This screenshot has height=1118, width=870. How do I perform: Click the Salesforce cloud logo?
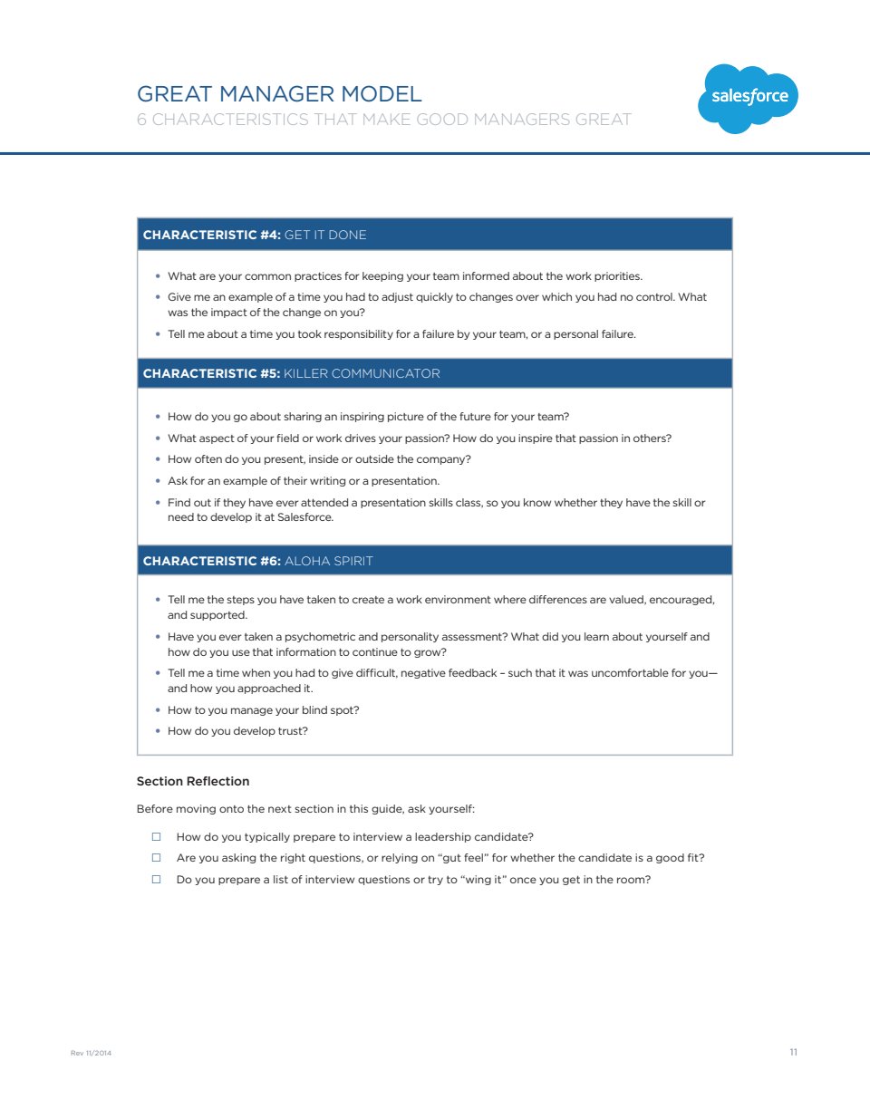[x=748, y=98]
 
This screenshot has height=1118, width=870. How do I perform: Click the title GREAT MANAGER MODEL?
[x=279, y=94]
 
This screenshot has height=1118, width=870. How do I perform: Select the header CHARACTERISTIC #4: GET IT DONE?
[x=255, y=235]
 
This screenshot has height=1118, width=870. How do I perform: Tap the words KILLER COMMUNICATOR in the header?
[x=362, y=373]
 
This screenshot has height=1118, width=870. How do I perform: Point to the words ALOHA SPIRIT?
[x=328, y=561]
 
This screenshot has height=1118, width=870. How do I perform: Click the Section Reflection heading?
[x=193, y=781]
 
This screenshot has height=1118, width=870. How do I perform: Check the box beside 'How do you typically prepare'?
[x=157, y=836]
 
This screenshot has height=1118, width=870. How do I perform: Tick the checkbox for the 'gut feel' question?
[x=157, y=857]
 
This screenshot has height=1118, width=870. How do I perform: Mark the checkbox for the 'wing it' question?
[x=157, y=879]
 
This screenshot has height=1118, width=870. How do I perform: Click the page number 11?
[x=794, y=1052]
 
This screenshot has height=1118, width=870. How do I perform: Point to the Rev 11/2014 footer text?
[x=91, y=1053]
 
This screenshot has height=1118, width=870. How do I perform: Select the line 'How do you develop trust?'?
[x=237, y=731]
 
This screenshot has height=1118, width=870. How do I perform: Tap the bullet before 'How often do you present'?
[x=158, y=459]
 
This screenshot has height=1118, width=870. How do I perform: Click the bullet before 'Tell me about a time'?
[x=158, y=334]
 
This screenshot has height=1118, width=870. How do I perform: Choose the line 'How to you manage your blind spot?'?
[x=263, y=710]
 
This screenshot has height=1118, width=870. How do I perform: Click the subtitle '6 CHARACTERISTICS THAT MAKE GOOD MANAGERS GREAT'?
[x=383, y=120]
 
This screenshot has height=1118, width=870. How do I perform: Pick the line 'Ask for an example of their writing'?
[x=303, y=481]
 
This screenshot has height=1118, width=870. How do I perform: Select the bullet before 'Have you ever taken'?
[x=158, y=637]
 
